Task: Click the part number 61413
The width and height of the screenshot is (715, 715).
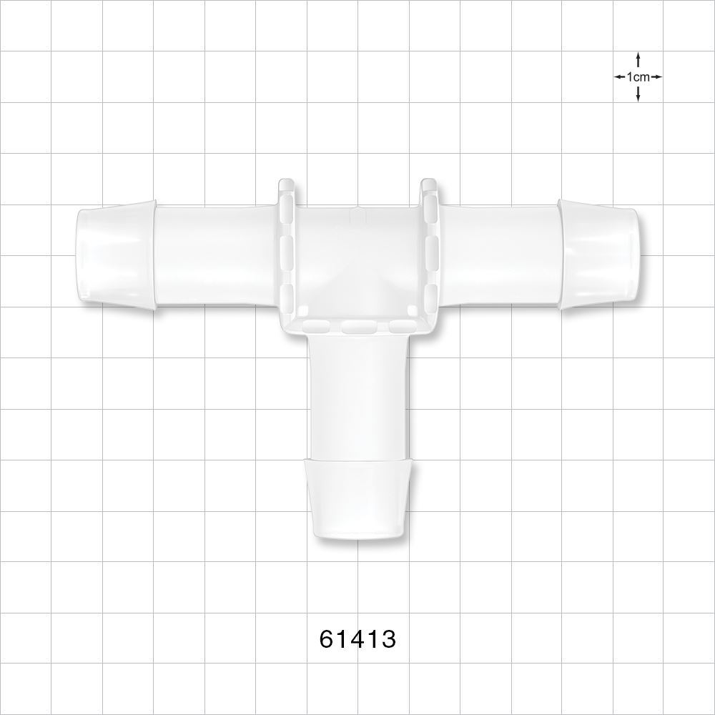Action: [357, 638]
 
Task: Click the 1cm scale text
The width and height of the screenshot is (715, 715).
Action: [638, 77]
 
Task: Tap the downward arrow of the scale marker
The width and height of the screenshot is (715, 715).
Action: [638, 95]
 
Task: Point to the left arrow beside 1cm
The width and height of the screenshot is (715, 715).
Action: [619, 77]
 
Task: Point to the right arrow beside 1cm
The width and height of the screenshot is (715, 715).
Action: [656, 77]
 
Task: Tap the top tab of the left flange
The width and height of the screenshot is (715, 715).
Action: [286, 188]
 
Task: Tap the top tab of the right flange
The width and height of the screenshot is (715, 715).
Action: [429, 188]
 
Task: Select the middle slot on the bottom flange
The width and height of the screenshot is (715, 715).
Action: [357, 327]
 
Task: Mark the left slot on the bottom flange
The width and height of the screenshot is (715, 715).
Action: [316, 327]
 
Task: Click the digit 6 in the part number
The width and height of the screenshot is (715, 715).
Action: [327, 638]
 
